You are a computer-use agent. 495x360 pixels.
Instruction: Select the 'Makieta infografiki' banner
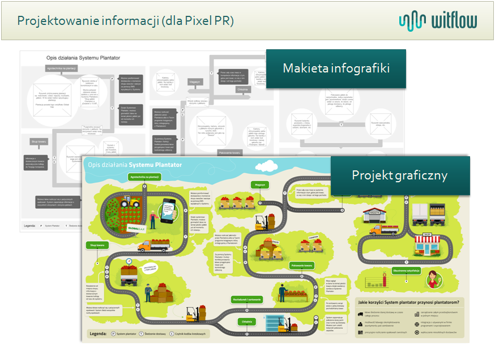coord(336,69)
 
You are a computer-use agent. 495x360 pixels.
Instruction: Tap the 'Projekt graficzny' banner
coord(399,175)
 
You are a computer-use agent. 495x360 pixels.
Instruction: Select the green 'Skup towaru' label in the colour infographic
coord(97,246)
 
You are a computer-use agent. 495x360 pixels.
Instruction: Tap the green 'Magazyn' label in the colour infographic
coord(260,184)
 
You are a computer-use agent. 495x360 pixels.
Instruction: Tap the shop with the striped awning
coord(427,247)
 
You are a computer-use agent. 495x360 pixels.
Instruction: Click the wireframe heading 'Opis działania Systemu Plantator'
coord(83,58)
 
